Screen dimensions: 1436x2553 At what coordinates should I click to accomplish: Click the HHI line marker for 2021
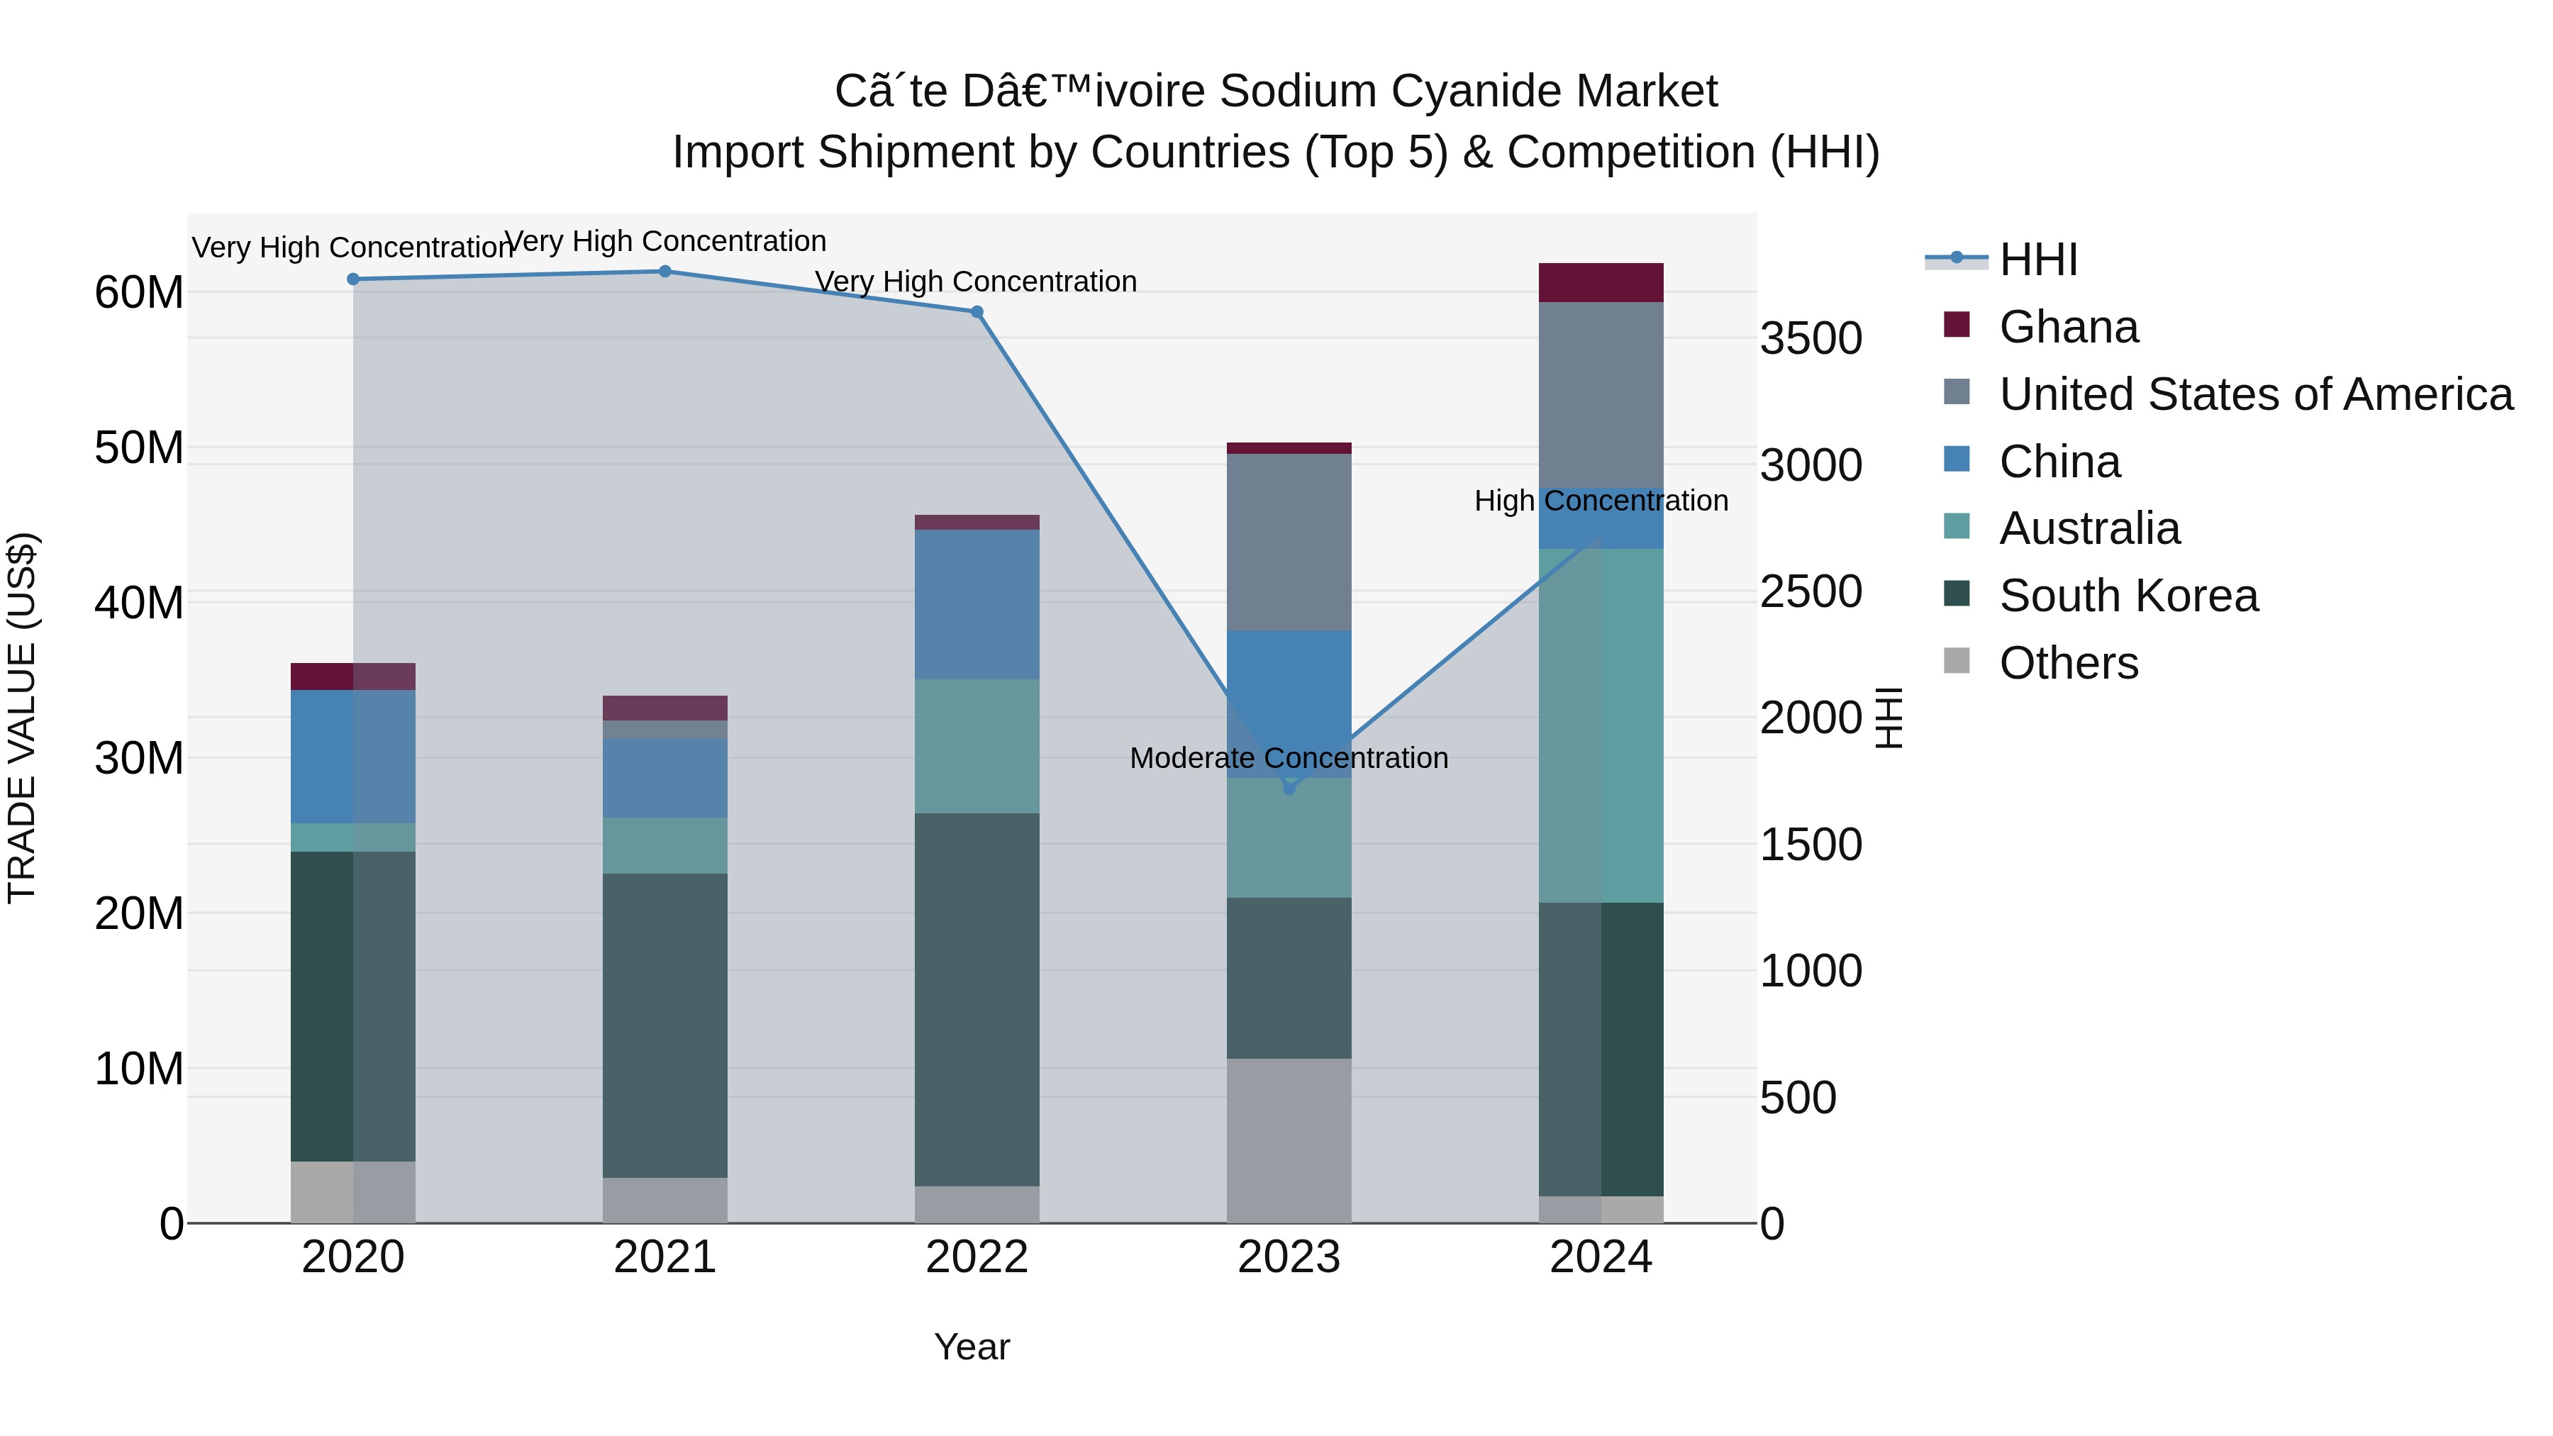[x=665, y=272]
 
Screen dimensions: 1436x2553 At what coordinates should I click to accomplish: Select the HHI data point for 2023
[x=1289, y=789]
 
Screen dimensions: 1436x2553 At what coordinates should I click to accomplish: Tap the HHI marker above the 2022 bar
[x=977, y=312]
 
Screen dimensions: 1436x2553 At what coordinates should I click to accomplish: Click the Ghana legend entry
[x=2069, y=327]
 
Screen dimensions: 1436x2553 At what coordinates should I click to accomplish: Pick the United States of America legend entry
[x=2254, y=394]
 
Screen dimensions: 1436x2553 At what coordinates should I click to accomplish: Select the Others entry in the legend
[x=2069, y=663]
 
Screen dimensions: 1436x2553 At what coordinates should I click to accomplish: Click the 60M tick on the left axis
[x=139, y=292]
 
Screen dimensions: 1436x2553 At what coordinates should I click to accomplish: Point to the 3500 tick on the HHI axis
[x=1811, y=339]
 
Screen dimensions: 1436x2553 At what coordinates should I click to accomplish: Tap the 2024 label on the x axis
[x=1601, y=1257]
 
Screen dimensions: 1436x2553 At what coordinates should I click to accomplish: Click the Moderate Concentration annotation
[x=1289, y=758]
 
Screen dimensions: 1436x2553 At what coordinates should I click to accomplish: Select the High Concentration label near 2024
[x=1601, y=501]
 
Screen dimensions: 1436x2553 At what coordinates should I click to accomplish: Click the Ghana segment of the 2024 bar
[x=1601, y=282]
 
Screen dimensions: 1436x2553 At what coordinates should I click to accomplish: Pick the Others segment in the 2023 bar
[x=1289, y=1140]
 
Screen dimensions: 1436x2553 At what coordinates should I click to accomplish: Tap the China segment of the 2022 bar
[x=977, y=604]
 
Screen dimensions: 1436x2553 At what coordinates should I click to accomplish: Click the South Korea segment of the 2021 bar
[x=665, y=1025]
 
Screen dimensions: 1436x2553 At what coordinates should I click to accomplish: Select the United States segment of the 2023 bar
[x=1289, y=542]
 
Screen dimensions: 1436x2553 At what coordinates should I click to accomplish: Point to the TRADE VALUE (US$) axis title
[x=22, y=718]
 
